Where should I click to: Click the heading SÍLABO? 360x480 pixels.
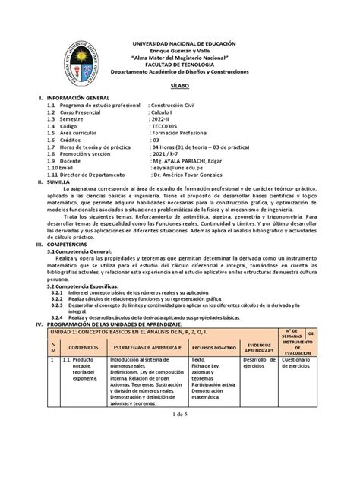pos(179,89)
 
